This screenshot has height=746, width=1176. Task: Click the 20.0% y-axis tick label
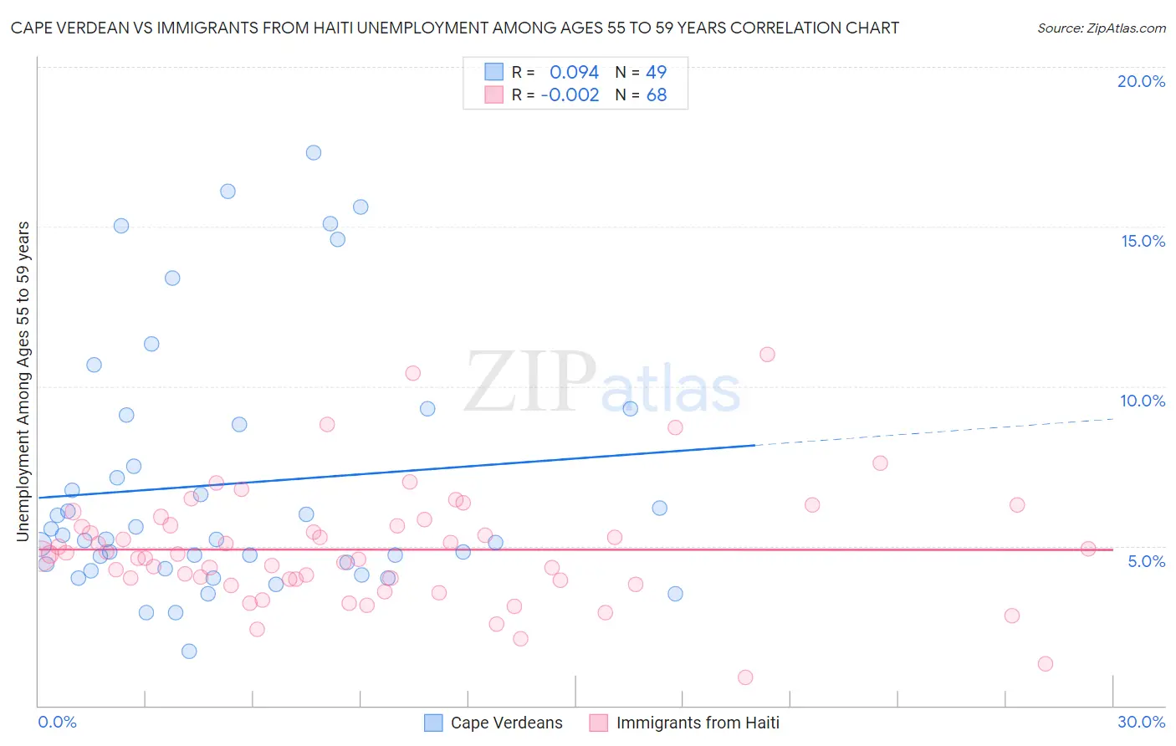click(1141, 81)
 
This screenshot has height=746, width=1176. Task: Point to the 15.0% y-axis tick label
click(1143, 241)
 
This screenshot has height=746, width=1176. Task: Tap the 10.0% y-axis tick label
click(1143, 401)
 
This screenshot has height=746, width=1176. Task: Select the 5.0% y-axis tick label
click(1146, 561)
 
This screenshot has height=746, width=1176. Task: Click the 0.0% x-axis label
click(57, 722)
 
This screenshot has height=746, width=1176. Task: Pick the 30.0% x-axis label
click(1141, 722)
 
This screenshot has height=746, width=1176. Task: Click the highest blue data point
click(314, 152)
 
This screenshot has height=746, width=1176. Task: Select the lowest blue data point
click(189, 651)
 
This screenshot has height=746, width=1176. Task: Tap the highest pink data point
click(767, 355)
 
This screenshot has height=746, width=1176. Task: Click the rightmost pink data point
click(1088, 549)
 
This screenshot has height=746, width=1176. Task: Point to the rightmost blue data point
click(675, 594)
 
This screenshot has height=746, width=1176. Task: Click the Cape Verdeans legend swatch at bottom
click(433, 723)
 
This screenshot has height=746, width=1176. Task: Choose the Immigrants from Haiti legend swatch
click(598, 723)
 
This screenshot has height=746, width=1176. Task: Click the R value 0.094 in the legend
click(574, 73)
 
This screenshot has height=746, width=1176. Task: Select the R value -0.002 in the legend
click(570, 95)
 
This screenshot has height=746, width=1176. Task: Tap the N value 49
click(657, 73)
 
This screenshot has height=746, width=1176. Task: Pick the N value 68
click(657, 95)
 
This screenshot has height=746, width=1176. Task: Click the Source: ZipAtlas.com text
click(1101, 28)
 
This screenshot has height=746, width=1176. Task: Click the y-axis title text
click(23, 381)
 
